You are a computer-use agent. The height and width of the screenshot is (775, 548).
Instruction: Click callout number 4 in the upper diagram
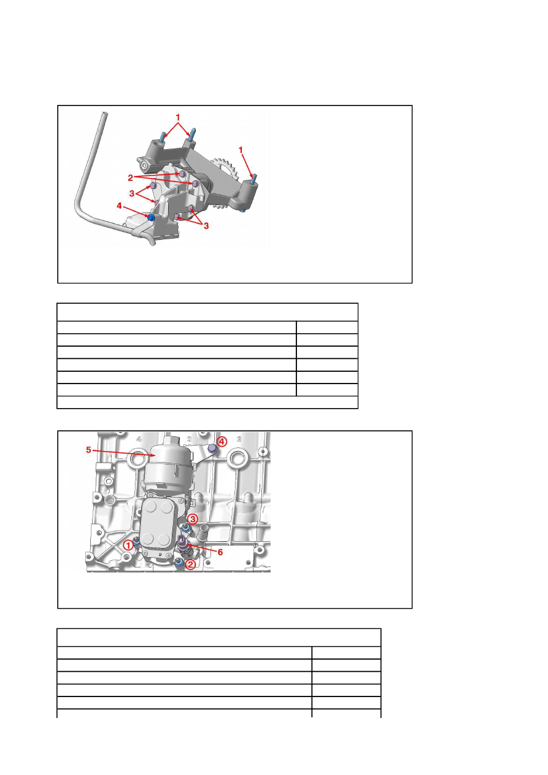tap(119, 206)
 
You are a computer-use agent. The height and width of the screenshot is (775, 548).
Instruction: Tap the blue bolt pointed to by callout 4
tap(151, 218)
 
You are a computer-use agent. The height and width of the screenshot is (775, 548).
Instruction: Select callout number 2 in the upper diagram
tap(131, 178)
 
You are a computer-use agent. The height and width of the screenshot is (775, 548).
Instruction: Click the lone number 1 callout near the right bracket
tap(241, 150)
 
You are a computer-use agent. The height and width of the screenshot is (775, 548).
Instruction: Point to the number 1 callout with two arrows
tap(178, 117)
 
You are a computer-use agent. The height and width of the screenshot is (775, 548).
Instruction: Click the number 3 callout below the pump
tap(206, 226)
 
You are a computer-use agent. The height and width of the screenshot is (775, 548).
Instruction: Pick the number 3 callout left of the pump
tap(132, 193)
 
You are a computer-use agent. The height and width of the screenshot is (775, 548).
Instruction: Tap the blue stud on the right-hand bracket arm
tap(254, 179)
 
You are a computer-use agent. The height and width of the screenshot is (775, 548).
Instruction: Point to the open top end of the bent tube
tap(104, 114)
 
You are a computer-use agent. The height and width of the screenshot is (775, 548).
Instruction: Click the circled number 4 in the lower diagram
tap(222, 441)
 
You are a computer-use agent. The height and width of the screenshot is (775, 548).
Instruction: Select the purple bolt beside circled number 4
tap(212, 449)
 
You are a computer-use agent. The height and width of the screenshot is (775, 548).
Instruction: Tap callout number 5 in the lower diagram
tap(88, 450)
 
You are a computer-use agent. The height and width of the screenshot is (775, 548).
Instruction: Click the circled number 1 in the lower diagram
tap(128, 546)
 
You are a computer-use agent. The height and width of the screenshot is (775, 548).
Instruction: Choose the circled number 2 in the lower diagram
tap(190, 565)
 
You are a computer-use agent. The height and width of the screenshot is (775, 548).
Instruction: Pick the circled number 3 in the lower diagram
tap(193, 519)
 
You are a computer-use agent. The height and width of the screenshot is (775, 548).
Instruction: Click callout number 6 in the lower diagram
tap(220, 552)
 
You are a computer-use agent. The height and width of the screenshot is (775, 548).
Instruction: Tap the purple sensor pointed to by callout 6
tap(183, 544)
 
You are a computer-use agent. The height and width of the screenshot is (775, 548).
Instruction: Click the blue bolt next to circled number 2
tap(179, 563)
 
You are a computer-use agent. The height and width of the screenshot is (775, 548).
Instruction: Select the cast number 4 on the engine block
tap(139, 439)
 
